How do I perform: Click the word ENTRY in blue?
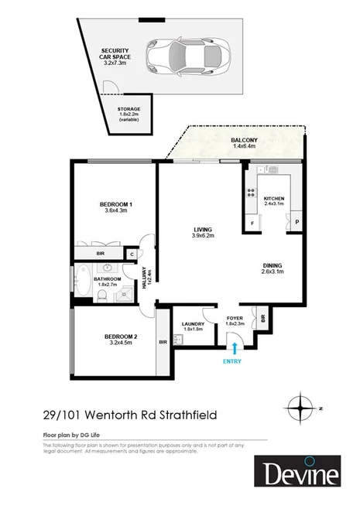click(x=231, y=361)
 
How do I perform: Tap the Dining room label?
click(x=273, y=267)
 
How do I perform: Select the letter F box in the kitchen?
click(x=252, y=224)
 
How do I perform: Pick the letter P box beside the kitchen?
click(x=297, y=224)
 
